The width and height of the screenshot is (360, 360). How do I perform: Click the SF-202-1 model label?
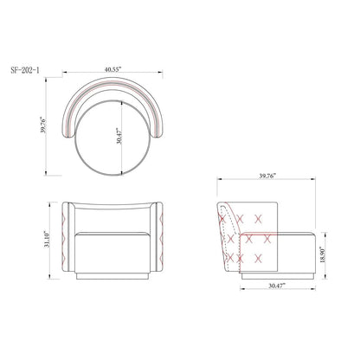click(x=25, y=70)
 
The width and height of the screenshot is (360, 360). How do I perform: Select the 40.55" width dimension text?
click(x=113, y=69)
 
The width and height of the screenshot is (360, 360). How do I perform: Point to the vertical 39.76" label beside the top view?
click(x=43, y=125)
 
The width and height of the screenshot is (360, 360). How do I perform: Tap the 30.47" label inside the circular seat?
click(x=119, y=136)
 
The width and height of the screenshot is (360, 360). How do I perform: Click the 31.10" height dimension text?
click(x=47, y=239)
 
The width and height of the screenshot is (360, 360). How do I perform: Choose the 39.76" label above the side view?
click(x=267, y=176)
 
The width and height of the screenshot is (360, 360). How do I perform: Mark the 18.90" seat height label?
click(x=322, y=254)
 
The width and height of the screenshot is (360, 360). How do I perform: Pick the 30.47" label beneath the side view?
click(x=277, y=286)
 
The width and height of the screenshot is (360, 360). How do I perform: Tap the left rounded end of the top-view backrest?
click(x=68, y=133)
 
